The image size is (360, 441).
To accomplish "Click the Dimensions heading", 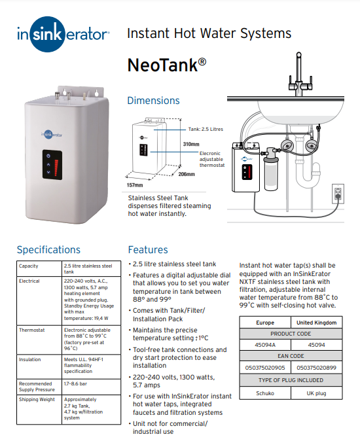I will [153, 101].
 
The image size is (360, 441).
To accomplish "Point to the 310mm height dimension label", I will [191, 144].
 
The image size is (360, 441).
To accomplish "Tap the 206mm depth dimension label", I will [187, 174].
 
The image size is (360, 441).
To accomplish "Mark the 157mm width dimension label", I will [134, 185].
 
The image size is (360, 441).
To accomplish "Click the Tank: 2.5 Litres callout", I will [206, 130].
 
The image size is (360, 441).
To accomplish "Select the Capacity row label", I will [29, 266].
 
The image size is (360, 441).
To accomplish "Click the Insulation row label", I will [30, 359].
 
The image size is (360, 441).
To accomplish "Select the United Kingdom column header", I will [316, 323].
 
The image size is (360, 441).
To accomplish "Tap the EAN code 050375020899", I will [316, 368].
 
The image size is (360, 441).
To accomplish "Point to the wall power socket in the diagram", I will [338, 193].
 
